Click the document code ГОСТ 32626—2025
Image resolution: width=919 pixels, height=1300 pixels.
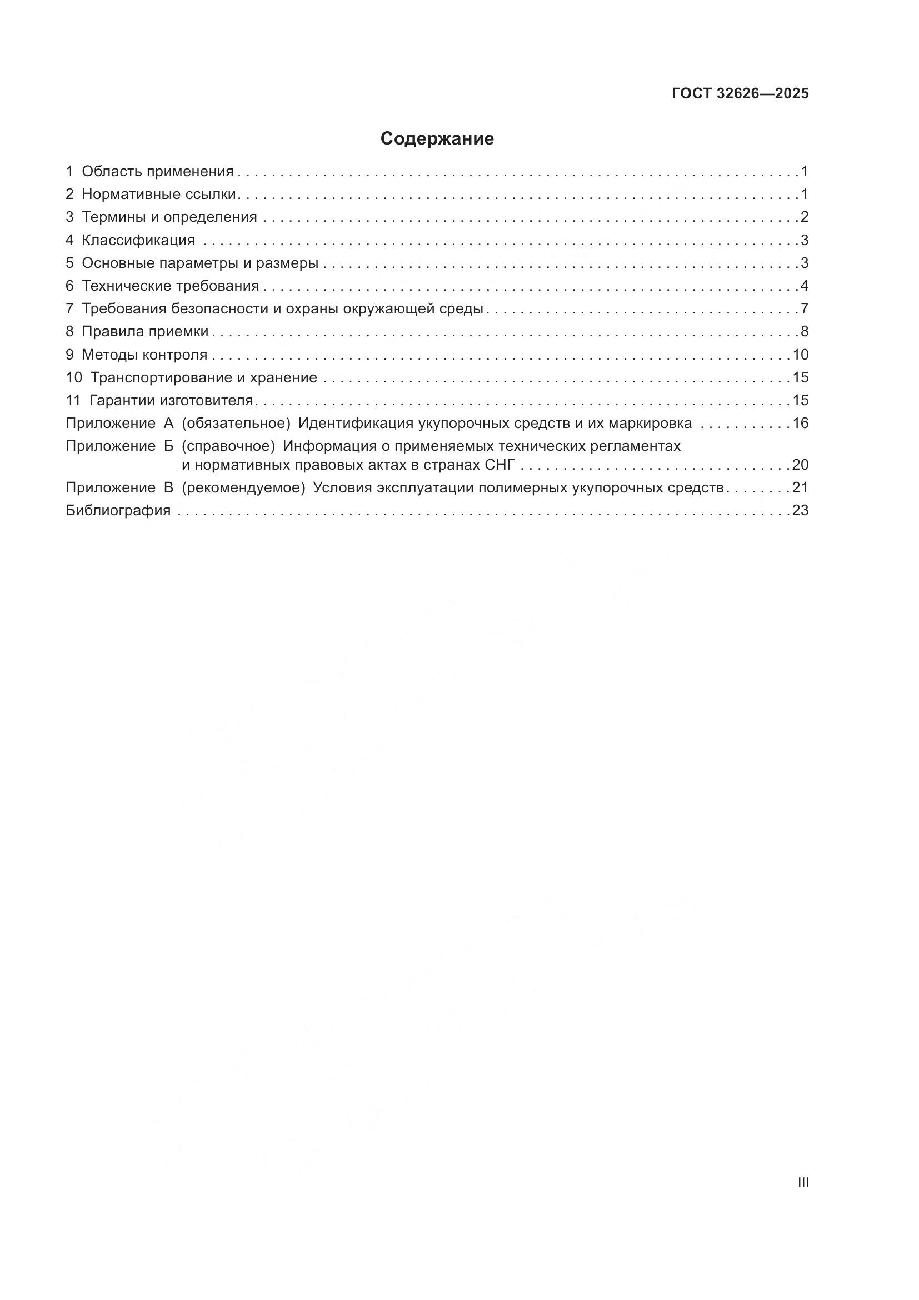pyautogui.click(x=740, y=93)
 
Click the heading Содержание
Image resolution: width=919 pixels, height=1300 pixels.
pyautogui.click(x=437, y=139)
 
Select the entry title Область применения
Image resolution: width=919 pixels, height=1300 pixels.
pyautogui.click(x=157, y=171)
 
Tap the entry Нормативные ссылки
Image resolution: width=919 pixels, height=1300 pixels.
pyautogui.click(x=158, y=194)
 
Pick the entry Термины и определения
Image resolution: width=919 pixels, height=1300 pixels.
pyautogui.click(x=169, y=217)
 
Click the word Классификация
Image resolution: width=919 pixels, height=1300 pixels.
pyautogui.click(x=138, y=240)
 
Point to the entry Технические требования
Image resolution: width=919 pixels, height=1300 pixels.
pyautogui.click(x=171, y=286)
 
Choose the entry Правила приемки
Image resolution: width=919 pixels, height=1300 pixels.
pyautogui.click(x=145, y=331)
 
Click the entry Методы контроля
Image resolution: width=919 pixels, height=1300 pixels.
pyautogui.click(x=144, y=355)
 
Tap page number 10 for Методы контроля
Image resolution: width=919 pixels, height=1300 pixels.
pyautogui.click(x=800, y=355)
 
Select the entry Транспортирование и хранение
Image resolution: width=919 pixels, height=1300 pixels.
pyautogui.click(x=204, y=377)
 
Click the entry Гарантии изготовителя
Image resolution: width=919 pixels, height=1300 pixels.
pyautogui.click(x=171, y=400)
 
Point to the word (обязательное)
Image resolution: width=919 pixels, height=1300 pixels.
pyautogui.click(x=236, y=423)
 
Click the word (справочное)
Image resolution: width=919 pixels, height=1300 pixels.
pyautogui.click(x=228, y=446)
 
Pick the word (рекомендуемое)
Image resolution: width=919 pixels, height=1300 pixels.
pyautogui.click(x=243, y=487)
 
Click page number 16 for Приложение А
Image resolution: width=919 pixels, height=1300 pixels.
pyautogui.click(x=800, y=423)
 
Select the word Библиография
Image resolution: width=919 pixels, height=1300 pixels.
pyautogui.click(x=118, y=510)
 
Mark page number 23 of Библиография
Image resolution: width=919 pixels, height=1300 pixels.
pyautogui.click(x=800, y=510)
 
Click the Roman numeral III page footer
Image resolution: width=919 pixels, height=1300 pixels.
pyautogui.click(x=803, y=1183)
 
